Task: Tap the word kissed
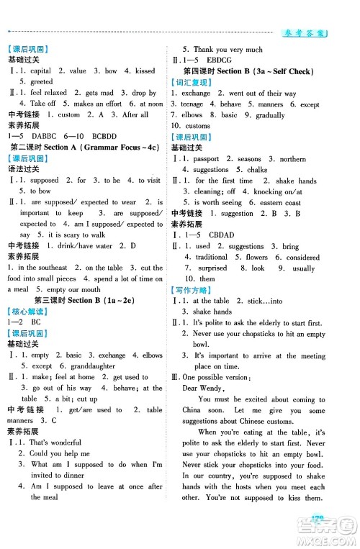145,71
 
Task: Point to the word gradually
271,115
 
